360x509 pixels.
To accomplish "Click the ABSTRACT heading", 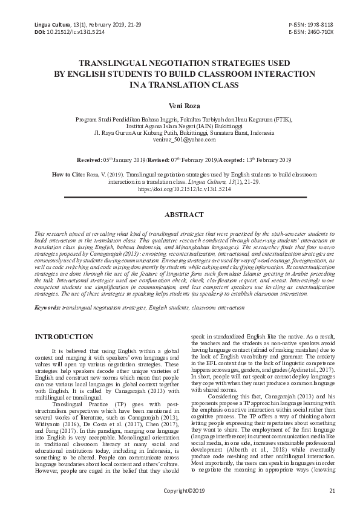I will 180,215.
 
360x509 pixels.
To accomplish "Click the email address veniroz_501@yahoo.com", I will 180,140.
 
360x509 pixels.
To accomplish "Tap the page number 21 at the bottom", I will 332,490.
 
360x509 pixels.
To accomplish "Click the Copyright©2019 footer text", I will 180,490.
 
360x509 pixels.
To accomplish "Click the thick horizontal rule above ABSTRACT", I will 180,198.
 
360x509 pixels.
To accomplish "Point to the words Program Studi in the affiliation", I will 92,120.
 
